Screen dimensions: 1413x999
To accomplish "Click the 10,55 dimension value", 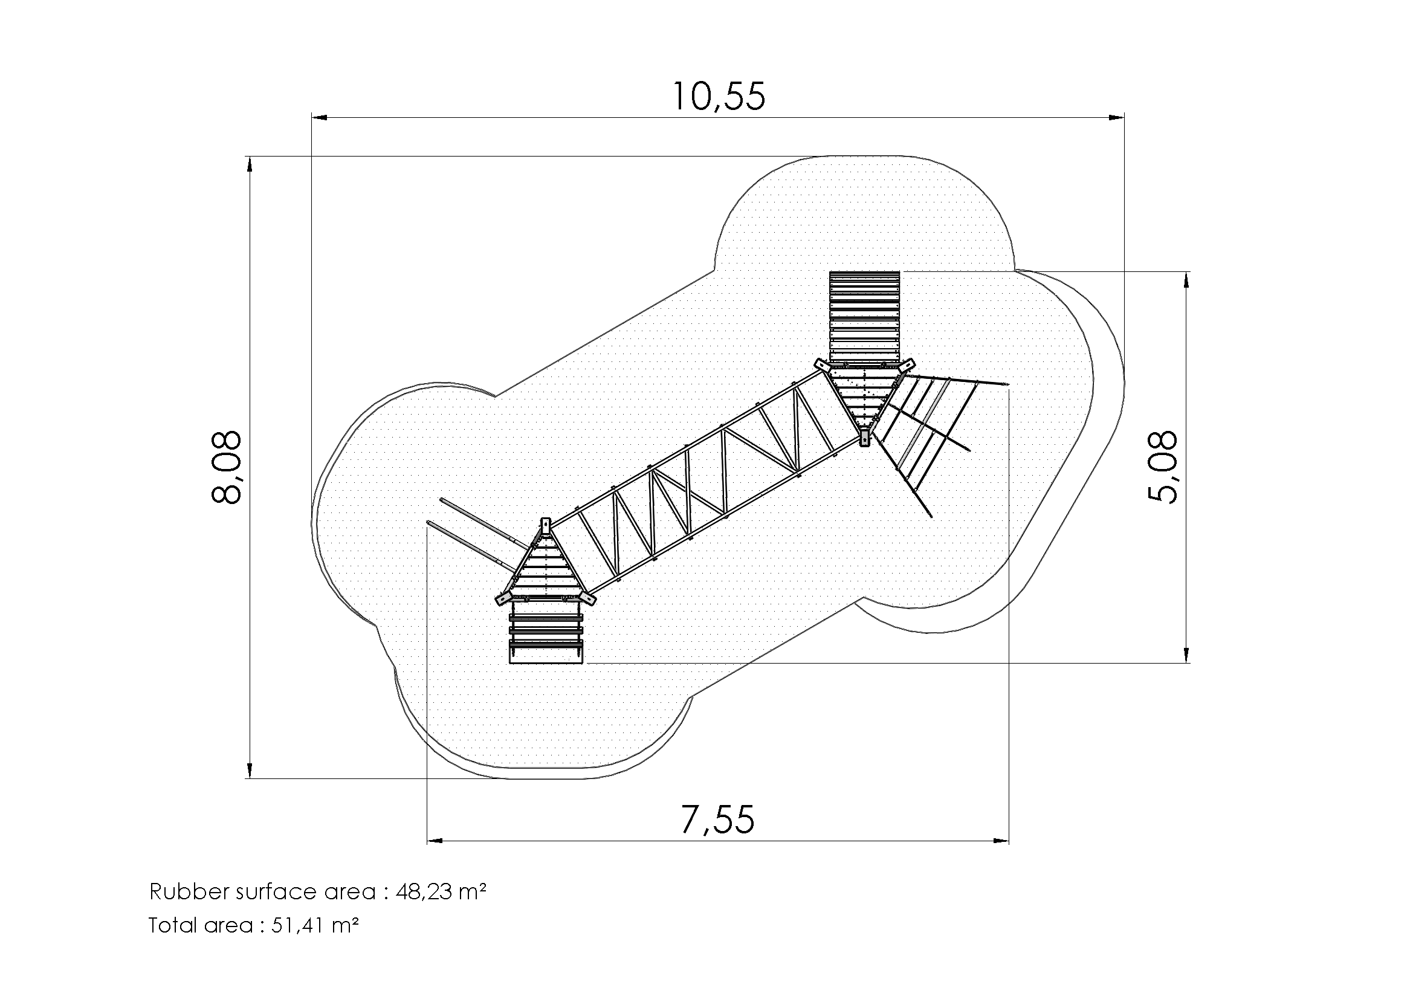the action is point(719,97).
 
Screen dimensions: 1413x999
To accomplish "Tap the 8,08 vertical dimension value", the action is point(227,468).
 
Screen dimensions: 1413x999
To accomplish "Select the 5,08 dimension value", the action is point(1163,467).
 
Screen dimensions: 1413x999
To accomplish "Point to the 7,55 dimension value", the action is point(717,820).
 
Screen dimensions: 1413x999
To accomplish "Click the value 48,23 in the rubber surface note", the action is point(424,892).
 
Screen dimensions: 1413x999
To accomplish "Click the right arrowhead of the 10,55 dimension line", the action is point(1116,117).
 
